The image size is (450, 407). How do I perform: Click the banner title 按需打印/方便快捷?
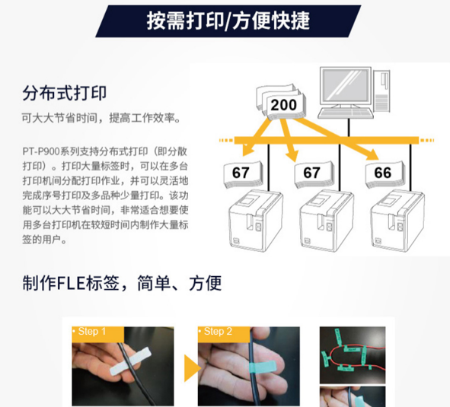click(x=228, y=21)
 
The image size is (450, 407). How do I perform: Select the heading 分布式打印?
click(x=65, y=94)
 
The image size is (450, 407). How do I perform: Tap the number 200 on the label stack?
click(x=283, y=105)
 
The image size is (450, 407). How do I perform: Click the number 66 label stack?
click(x=384, y=173)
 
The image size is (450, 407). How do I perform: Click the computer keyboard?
click(x=346, y=113)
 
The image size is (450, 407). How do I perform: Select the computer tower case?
click(x=381, y=91)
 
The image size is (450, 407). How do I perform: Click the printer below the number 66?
click(x=397, y=221)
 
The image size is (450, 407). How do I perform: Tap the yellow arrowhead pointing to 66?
click(x=372, y=155)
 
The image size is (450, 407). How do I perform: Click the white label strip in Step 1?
click(x=130, y=362)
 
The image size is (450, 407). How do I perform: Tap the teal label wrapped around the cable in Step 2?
click(x=262, y=367)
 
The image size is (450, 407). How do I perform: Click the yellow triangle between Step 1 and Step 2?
click(x=192, y=368)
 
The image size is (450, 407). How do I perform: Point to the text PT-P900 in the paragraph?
click(x=41, y=151)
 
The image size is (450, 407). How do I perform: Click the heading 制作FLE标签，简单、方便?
click(x=122, y=284)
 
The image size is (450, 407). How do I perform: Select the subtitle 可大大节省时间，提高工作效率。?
click(x=101, y=118)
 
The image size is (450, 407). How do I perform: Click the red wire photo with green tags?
click(x=353, y=355)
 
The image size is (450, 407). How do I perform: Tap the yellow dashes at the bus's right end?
click(x=427, y=141)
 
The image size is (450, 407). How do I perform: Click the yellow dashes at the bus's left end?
click(x=226, y=141)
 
